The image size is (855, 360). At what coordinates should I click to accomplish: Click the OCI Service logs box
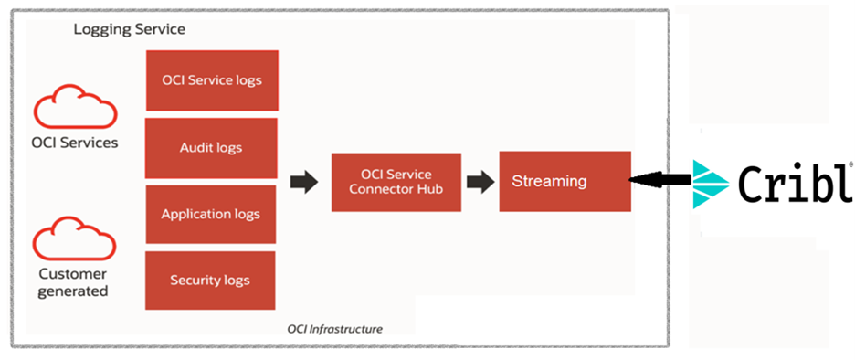[212, 80]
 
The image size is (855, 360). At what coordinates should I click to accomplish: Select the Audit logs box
[212, 146]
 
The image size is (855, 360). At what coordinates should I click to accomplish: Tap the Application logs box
[211, 214]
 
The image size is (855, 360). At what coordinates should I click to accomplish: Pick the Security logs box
[211, 280]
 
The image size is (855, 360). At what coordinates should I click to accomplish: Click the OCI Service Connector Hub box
[396, 182]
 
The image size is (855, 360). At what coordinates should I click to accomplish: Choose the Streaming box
[564, 181]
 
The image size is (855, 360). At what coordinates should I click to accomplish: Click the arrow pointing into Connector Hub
[304, 182]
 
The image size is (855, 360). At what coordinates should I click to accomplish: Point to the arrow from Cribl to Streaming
[661, 181]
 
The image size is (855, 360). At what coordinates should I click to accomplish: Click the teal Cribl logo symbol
[710, 184]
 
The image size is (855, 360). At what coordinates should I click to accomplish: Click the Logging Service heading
[129, 29]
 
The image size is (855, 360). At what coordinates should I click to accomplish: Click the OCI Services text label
[75, 143]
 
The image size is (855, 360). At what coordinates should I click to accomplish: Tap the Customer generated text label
[73, 282]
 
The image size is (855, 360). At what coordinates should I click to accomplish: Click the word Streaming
[549, 181]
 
